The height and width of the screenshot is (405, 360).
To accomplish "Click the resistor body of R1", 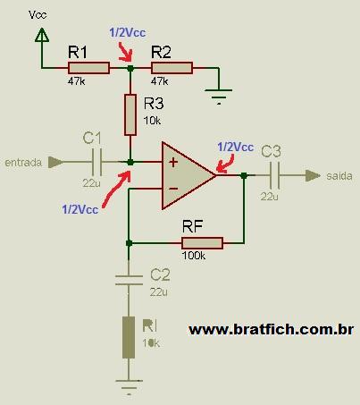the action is pos(88,68).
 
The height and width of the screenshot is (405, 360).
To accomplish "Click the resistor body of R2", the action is pos(172,68).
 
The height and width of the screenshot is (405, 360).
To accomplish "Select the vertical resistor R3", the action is pos(130,114).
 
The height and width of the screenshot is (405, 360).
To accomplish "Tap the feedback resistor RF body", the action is pos(202,243).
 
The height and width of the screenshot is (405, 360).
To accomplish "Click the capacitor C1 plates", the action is pos(96,162).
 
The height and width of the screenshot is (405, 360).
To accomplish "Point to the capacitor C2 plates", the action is pos(129,281).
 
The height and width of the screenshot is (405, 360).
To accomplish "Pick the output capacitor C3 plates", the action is pos(274,175).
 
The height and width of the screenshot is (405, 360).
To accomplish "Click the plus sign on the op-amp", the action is pos(173,162).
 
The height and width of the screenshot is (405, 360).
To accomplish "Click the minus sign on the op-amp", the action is pos(173,189).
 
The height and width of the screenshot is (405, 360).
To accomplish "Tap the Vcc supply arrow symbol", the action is pos(42,35).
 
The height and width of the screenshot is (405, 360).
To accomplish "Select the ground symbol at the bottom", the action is pos(129,387).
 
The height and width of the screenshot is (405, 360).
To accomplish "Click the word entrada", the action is pos(23,163).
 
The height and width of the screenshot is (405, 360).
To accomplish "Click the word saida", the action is pos(339,176).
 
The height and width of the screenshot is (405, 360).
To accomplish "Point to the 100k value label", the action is pos(194,256).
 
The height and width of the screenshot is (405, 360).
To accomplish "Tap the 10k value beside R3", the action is pos(152,121).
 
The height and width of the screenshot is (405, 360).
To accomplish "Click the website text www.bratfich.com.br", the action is pos(272,330).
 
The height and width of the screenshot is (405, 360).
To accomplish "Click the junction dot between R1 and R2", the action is pos(130,68).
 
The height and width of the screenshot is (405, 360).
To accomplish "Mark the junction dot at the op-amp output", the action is pos(244,175).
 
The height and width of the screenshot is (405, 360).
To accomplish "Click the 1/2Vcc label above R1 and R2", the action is pos(128,32).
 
